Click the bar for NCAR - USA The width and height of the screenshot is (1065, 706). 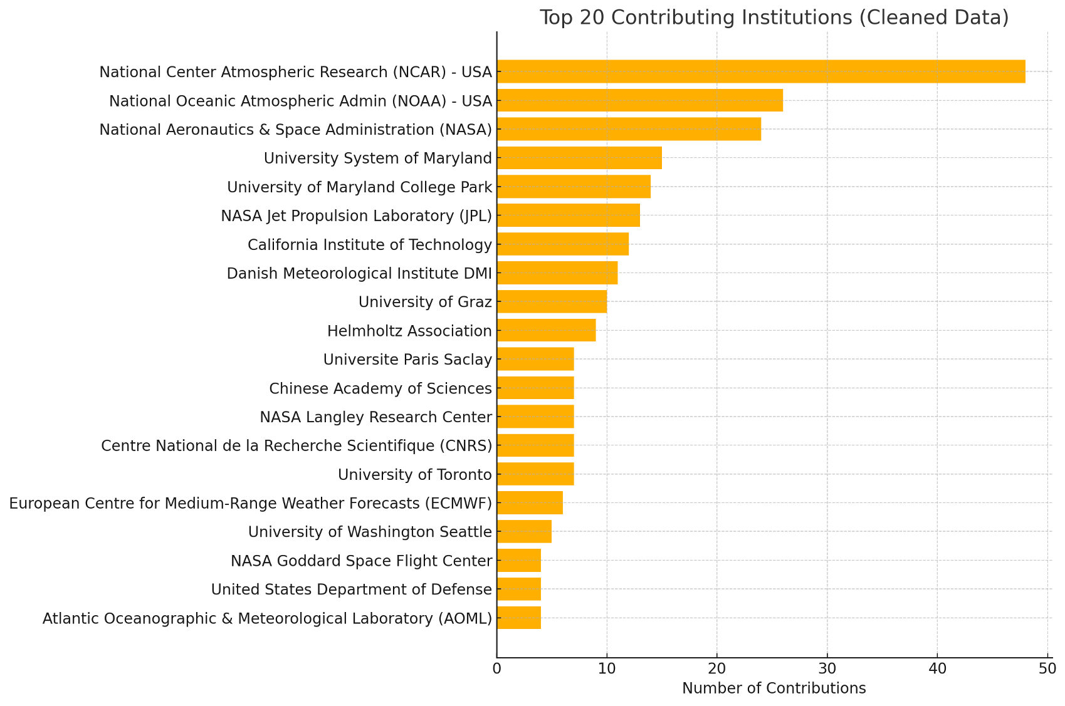760,71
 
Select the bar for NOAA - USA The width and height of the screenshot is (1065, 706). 639,100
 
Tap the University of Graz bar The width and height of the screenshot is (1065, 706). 552,301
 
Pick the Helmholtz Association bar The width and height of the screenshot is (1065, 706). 546,330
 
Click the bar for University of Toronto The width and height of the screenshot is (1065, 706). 535,474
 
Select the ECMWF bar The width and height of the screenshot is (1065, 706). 530,503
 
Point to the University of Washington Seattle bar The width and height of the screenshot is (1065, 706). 524,531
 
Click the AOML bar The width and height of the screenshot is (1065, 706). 519,618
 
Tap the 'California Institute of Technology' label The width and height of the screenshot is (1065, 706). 370,244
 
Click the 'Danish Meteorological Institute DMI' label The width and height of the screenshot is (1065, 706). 359,273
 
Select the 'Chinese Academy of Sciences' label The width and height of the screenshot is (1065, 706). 380,388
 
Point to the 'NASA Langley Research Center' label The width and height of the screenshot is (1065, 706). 375,417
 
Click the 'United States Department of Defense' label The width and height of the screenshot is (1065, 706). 351,589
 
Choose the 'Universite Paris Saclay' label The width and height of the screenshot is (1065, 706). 407,360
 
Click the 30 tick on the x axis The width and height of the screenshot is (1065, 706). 827,668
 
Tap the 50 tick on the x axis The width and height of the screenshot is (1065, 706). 1047,668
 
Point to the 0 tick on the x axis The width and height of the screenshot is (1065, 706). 497,668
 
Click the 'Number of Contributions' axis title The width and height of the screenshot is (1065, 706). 774,688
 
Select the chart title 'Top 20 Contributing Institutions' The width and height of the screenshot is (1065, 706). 774,18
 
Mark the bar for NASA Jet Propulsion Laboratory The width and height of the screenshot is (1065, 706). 568,215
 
